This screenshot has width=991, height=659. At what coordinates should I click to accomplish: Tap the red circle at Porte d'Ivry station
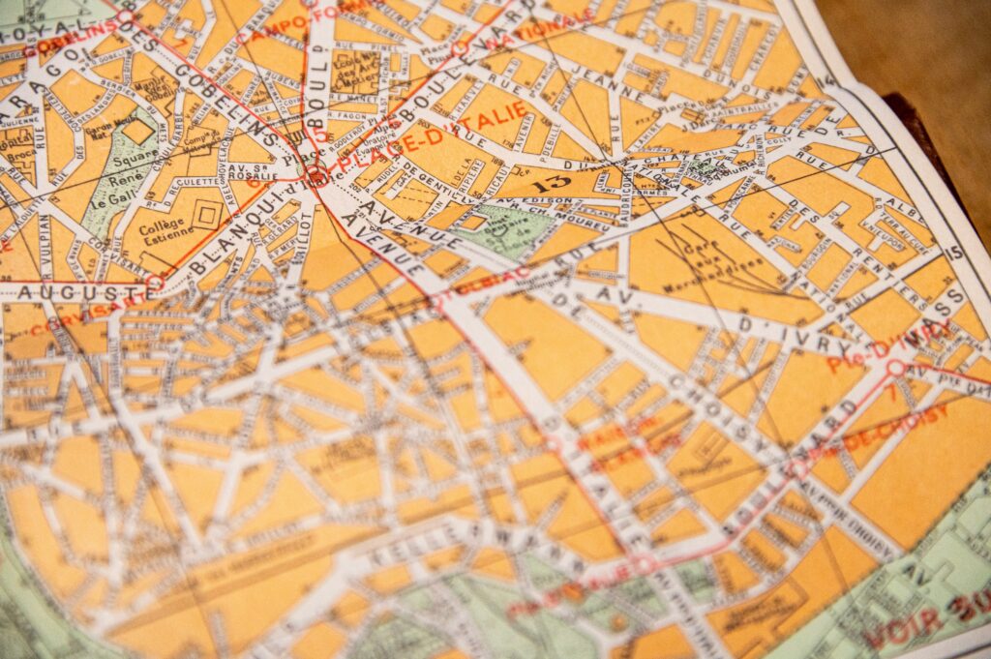(x=896, y=368)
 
